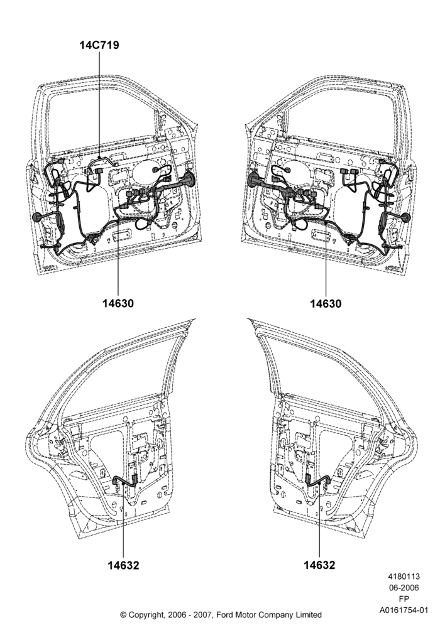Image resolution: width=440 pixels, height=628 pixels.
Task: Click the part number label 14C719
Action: [x=99, y=45]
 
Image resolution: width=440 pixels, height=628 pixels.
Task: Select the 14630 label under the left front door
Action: [x=118, y=303]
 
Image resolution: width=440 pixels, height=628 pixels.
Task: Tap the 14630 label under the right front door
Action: [x=326, y=303]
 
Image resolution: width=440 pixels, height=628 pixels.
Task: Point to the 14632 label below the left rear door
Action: [x=123, y=565]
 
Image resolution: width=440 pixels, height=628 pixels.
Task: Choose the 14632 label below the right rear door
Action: [x=319, y=565]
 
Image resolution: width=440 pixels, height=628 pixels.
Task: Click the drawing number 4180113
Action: [x=404, y=577]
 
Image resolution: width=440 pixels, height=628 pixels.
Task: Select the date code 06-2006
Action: [x=404, y=588]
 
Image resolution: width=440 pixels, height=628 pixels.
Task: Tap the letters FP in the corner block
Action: [x=404, y=599]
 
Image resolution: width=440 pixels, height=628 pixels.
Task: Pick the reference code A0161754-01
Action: [x=404, y=610]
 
